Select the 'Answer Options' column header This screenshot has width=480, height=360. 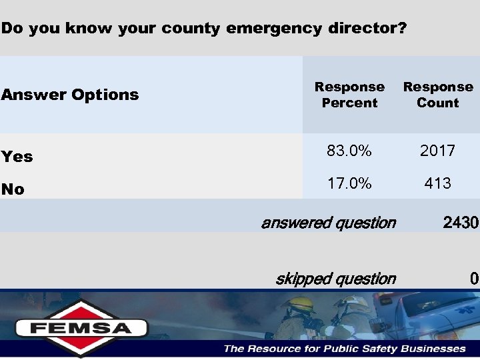[70, 95]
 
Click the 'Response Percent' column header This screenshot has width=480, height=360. [349, 95]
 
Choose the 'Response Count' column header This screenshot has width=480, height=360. [438, 95]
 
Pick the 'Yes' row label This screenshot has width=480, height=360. [17, 157]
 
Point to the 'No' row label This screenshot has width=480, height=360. [13, 189]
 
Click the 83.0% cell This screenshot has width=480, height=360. [349, 151]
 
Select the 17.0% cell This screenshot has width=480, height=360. [349, 183]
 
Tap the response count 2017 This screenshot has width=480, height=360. [437, 151]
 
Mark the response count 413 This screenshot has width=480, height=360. [437, 183]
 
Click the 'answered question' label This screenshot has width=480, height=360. [328, 223]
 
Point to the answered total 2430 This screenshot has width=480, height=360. [460, 223]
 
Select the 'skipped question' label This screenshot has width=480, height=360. [335, 279]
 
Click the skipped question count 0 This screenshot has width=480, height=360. [473, 279]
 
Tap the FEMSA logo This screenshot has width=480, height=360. [81, 327]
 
